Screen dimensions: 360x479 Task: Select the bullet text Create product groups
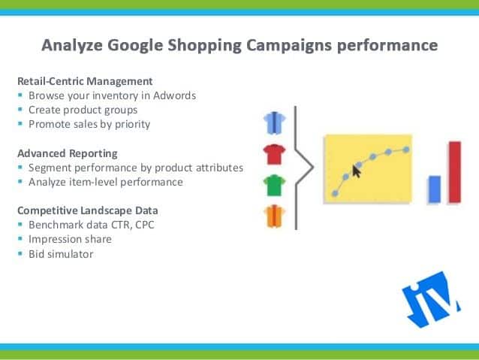click(x=83, y=110)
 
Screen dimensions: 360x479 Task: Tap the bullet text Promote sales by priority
click(x=89, y=124)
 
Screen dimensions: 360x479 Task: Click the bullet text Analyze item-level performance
click(x=105, y=181)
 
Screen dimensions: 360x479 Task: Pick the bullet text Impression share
click(x=70, y=240)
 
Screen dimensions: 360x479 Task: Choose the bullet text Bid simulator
click(x=61, y=254)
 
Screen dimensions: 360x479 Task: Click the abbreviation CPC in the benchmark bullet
click(x=146, y=225)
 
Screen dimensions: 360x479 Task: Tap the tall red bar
click(x=454, y=171)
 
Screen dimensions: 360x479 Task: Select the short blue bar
click(x=433, y=188)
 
